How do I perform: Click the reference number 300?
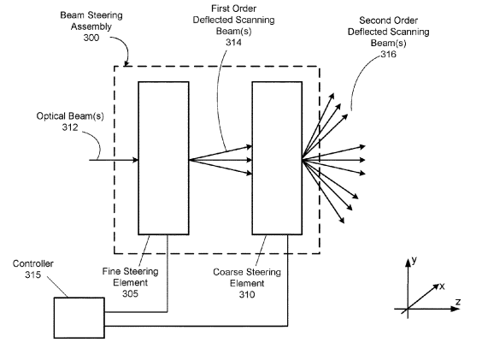pyautogui.click(x=91, y=38)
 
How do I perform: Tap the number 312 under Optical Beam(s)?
pyautogui.click(x=70, y=127)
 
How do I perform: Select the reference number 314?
pyautogui.click(x=233, y=42)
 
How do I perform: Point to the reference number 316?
pyautogui.click(x=388, y=54)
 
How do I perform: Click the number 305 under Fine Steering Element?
pyautogui.click(x=130, y=293)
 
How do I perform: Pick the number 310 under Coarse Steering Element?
pyautogui.click(x=247, y=294)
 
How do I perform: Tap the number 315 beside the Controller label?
pyautogui.click(x=33, y=274)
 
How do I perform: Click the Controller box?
pyautogui.click(x=79, y=317)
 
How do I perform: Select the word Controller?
pyautogui.click(x=33, y=263)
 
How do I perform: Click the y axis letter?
pyautogui.click(x=414, y=260)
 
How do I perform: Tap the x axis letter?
pyautogui.click(x=442, y=286)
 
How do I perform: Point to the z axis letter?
pyautogui.click(x=457, y=302)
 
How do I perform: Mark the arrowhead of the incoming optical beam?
pyautogui.click(x=135, y=160)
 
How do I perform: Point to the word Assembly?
pyautogui.click(x=91, y=27)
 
